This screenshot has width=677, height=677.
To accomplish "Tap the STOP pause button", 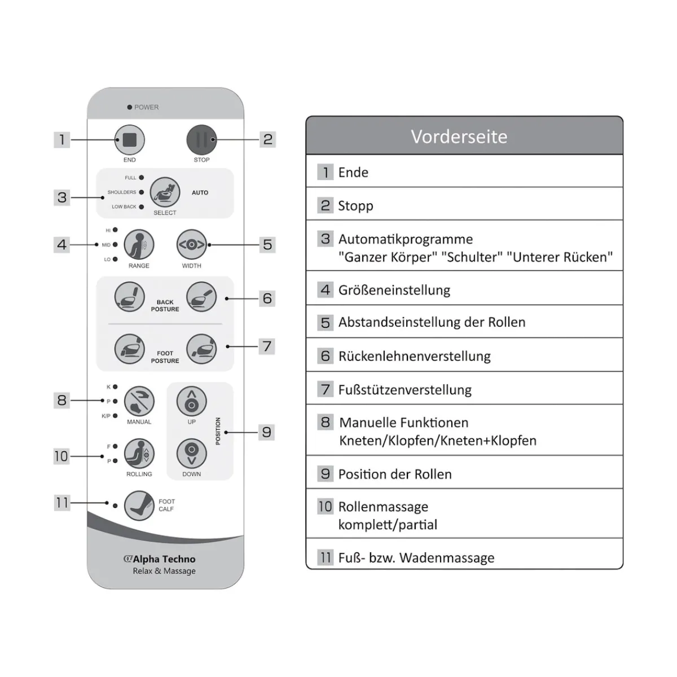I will click(201, 139).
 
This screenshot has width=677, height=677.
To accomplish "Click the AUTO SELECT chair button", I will click(165, 192).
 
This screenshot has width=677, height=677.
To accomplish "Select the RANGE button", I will click(139, 245).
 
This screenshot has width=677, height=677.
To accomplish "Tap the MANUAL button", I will click(139, 401).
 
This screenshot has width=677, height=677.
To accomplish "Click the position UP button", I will click(191, 401).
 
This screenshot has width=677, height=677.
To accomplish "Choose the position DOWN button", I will click(191, 454).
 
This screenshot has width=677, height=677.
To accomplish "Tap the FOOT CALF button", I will click(139, 505).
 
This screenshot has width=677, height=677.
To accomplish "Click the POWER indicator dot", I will click(130, 107).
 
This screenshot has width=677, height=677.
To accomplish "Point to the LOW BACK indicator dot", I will click(142, 207).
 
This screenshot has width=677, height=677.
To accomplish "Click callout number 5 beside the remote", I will click(267, 245).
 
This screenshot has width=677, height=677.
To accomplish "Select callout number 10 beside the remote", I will click(61, 456).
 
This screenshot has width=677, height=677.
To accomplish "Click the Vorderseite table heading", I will click(459, 137).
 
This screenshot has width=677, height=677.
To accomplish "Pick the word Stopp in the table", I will click(355, 206).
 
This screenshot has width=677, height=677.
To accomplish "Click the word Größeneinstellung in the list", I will click(394, 291).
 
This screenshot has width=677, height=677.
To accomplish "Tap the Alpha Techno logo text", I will click(160, 559).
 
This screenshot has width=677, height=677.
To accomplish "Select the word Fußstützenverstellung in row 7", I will click(405, 390).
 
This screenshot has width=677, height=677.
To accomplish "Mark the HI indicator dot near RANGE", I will click(115, 230).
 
